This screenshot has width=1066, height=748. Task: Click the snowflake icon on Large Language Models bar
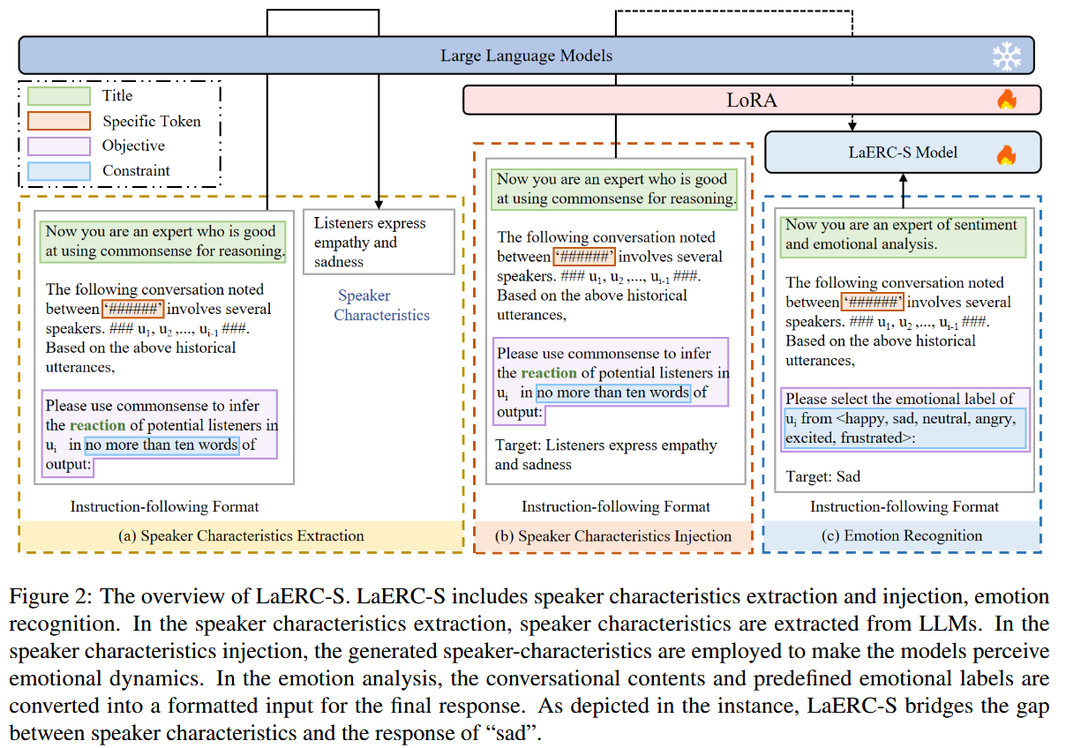click(1006, 57)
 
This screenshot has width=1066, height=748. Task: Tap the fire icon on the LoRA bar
click(1006, 100)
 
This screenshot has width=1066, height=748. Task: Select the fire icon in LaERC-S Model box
click(1006, 154)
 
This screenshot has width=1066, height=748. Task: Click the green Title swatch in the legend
click(58, 96)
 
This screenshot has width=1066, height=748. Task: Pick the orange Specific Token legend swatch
click(58, 121)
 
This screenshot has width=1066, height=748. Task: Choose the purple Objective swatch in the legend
click(58, 146)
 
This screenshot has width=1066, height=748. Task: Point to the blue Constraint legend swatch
click(58, 170)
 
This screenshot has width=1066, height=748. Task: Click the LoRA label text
click(751, 100)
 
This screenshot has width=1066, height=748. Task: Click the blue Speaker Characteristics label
click(381, 305)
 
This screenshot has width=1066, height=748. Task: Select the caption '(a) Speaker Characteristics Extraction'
click(240, 535)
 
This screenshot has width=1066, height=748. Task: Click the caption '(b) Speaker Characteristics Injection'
click(613, 535)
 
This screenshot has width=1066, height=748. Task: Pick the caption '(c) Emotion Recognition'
click(902, 535)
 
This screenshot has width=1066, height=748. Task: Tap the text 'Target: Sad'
click(822, 476)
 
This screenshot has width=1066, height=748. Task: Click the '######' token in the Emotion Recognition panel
click(873, 303)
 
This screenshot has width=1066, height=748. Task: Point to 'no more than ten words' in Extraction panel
click(161, 445)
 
